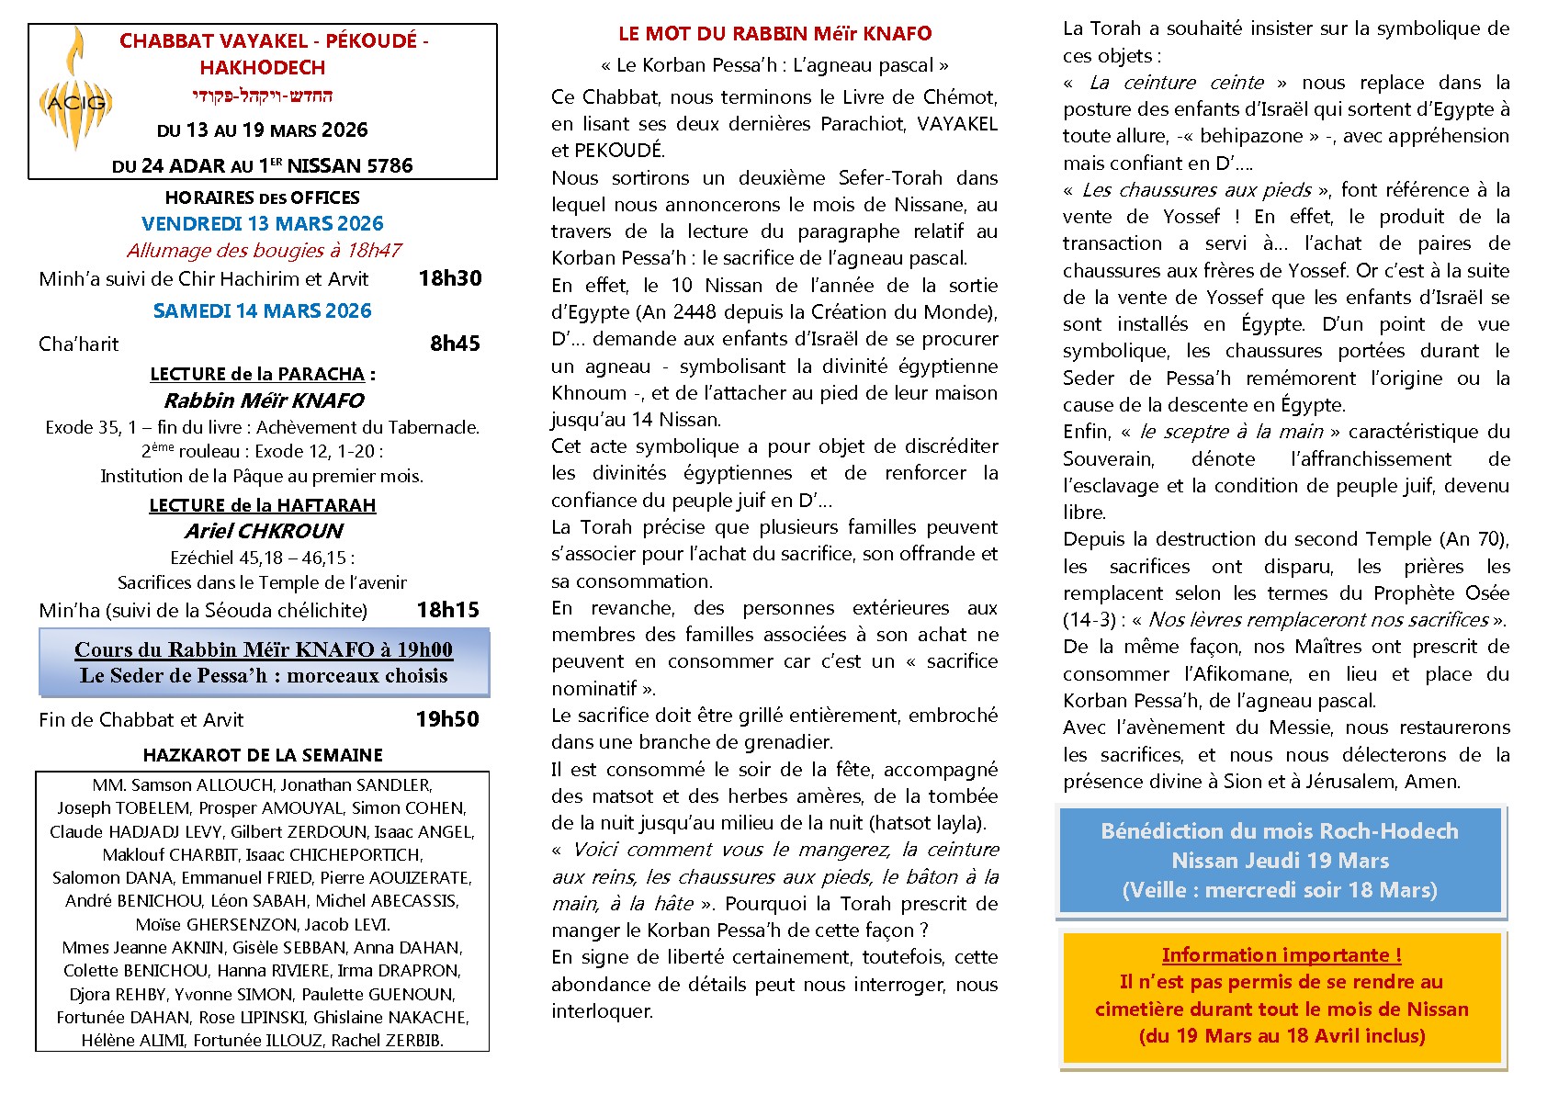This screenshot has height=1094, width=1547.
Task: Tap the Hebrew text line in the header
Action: (x=263, y=96)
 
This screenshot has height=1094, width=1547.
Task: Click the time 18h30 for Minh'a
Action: (x=449, y=278)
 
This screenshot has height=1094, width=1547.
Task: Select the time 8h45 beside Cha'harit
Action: (x=455, y=344)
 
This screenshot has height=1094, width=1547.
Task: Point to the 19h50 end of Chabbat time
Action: (x=447, y=719)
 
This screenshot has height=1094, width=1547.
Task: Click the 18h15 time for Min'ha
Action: (x=447, y=610)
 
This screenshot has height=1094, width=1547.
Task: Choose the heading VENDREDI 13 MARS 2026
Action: (x=263, y=223)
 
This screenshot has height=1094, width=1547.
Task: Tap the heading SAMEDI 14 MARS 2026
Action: (x=263, y=310)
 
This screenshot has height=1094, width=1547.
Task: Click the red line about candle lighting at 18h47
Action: (x=264, y=250)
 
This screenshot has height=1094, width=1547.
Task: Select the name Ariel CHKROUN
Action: (x=263, y=531)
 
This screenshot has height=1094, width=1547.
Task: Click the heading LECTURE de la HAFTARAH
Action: (x=263, y=505)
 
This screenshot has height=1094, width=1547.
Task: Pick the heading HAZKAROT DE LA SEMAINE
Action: (x=263, y=755)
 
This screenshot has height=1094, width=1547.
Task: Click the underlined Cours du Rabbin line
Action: (x=264, y=649)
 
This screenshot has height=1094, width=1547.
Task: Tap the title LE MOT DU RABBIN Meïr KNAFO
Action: (x=774, y=34)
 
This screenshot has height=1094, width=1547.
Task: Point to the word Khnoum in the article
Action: (x=589, y=393)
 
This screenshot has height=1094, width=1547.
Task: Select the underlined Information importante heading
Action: (x=1282, y=955)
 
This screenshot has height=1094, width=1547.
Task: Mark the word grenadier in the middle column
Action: (x=789, y=742)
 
